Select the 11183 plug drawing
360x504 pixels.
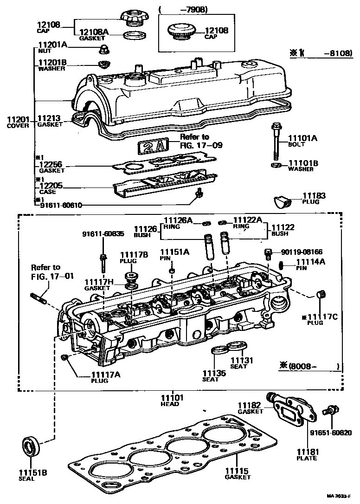pyautogui.click(x=281, y=202)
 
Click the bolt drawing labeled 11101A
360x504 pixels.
pyautogui.click(x=276, y=141)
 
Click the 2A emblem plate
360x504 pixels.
pyautogui.click(x=151, y=146)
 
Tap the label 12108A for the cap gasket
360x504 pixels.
pyautogui.click(x=94, y=32)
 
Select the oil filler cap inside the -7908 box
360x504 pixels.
pyautogui.click(x=179, y=33)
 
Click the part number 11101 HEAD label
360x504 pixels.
pyautogui.click(x=173, y=398)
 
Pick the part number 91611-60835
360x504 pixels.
pyautogui.click(x=103, y=233)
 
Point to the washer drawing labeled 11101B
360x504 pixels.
pyautogui.click(x=275, y=165)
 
